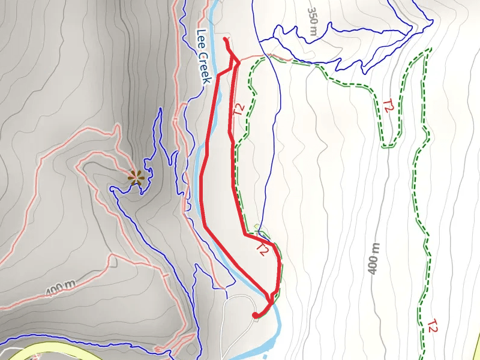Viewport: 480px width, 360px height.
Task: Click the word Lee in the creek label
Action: (x=200, y=39)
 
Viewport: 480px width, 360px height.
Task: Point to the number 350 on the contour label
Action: (x=311, y=16)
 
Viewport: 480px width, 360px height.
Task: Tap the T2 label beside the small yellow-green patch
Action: (x=262, y=249)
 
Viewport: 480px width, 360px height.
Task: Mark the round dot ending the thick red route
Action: (x=256, y=315)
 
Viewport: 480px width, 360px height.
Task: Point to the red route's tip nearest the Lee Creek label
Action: (x=226, y=40)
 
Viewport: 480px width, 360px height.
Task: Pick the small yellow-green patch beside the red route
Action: (x=257, y=227)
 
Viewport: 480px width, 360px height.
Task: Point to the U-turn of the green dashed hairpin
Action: (x=390, y=146)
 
